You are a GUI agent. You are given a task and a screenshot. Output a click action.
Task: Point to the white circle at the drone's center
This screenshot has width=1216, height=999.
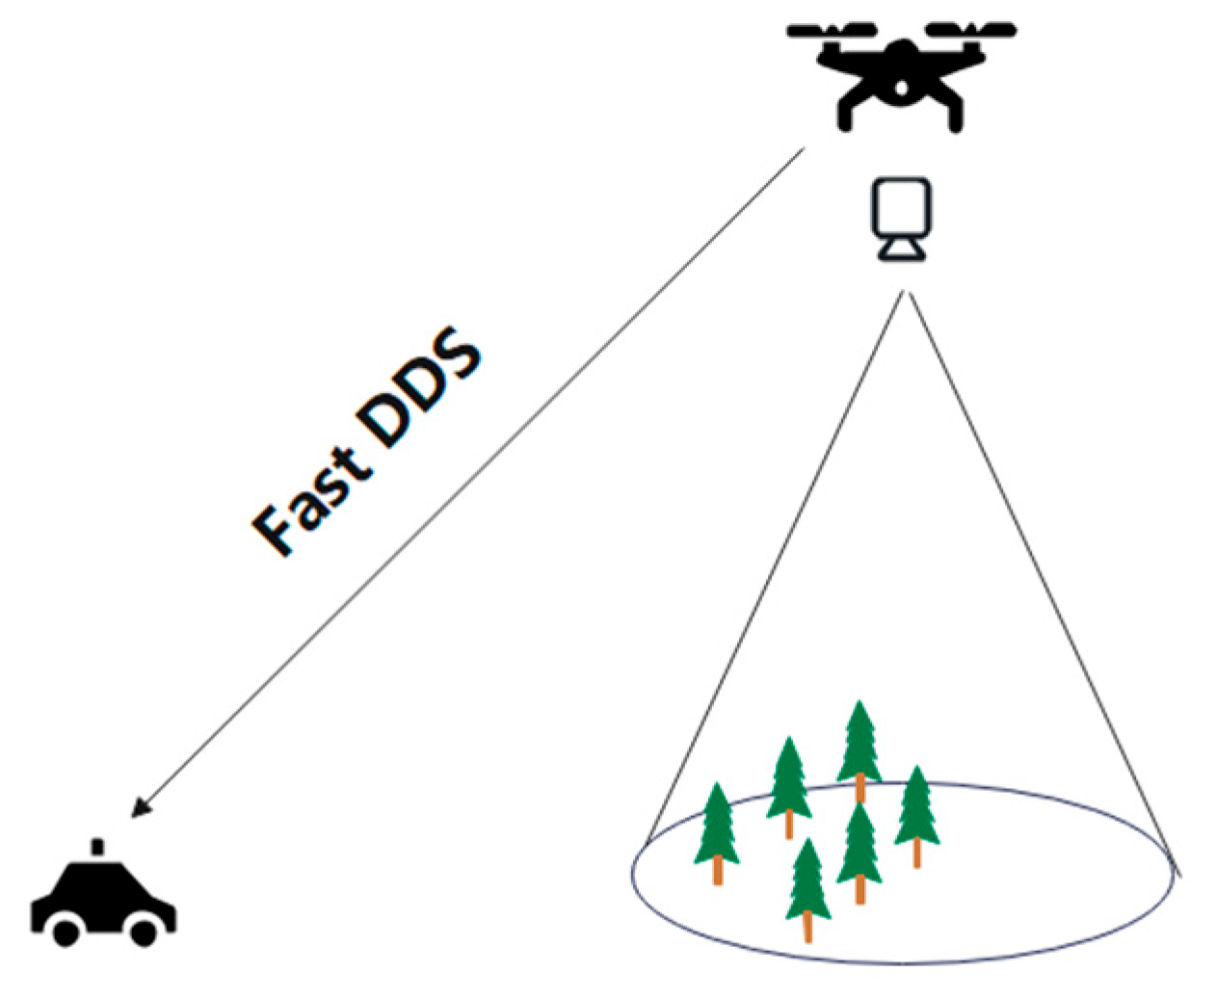[x=901, y=88]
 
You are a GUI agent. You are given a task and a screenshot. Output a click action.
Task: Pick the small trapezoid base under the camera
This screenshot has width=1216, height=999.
[x=901, y=250]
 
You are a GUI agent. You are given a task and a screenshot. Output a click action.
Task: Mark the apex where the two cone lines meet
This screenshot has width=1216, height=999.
[x=904, y=292]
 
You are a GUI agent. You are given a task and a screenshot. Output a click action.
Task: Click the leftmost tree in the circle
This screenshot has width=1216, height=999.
[x=718, y=828]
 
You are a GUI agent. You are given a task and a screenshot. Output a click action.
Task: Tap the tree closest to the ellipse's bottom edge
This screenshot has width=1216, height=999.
[x=807, y=886]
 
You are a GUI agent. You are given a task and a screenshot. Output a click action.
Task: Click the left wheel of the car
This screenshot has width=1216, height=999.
[x=66, y=932]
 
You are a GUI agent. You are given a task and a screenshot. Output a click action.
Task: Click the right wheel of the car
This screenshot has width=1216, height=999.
[x=145, y=932]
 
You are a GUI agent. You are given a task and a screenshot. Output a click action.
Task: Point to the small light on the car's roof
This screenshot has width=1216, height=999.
[x=96, y=847]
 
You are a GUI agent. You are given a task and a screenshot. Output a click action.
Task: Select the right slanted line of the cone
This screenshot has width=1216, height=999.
[x=1041, y=578]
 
